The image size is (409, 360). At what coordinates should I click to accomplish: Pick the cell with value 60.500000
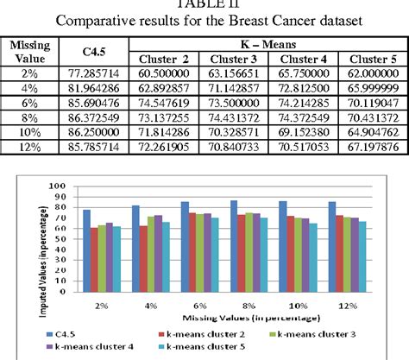[x=164, y=75]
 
